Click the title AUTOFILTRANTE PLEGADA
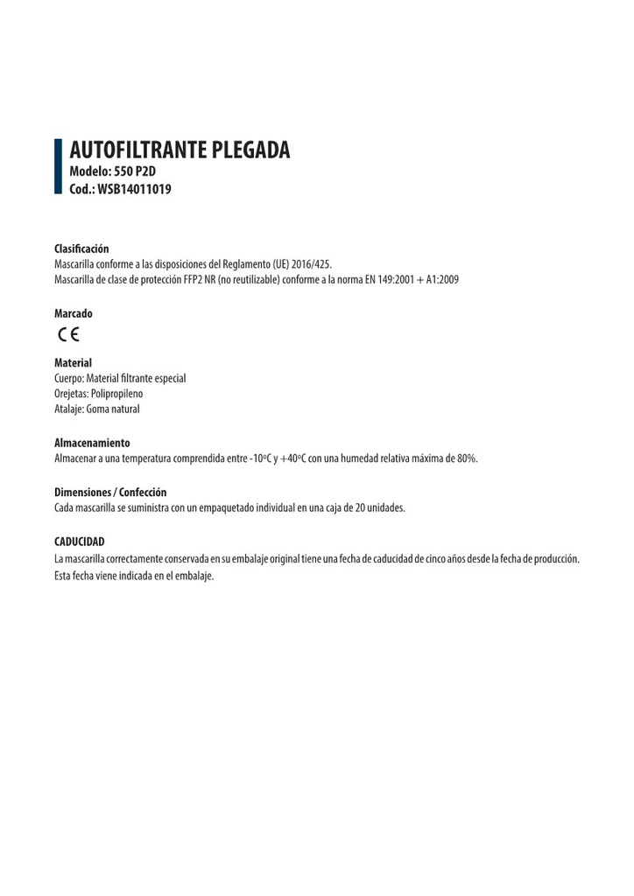tap(179, 150)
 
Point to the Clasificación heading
tap(81, 249)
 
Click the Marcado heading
tap(73, 313)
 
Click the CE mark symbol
tap(69, 333)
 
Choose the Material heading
tap(73, 362)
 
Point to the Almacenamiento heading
tap(92, 444)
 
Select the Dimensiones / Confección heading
tap(110, 493)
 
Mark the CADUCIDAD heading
tap(79, 542)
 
